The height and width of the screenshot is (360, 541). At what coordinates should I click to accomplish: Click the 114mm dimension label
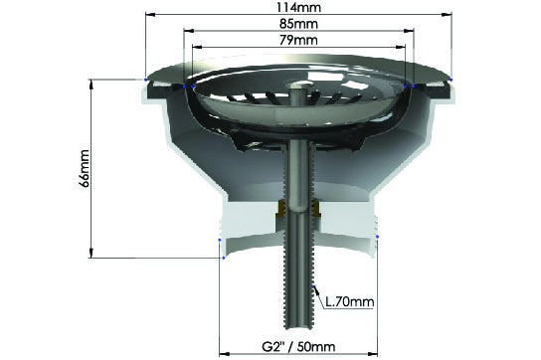coord(298,7)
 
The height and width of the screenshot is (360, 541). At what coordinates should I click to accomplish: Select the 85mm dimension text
coord(298,24)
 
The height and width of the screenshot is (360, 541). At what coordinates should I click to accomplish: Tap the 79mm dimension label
coord(298,40)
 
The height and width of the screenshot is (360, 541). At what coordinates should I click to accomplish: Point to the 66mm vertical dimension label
coord(84,168)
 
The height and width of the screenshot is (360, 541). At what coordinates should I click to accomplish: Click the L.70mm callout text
coord(350,302)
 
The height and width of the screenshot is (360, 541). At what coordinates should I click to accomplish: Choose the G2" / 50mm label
coord(298,346)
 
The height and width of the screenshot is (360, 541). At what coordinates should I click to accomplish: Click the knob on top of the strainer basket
coord(298,85)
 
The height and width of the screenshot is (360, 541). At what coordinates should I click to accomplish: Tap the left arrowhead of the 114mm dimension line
coord(150,15)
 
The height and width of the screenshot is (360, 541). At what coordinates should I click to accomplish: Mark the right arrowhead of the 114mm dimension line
coord(447,15)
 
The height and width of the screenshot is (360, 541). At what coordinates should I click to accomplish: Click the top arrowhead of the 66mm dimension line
coord(91,85)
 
